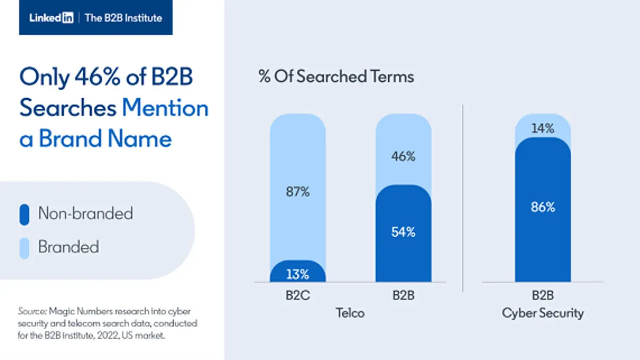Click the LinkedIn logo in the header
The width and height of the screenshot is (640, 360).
(51, 18)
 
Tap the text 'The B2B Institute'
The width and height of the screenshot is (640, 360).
(123, 18)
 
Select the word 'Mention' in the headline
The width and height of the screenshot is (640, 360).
(165, 108)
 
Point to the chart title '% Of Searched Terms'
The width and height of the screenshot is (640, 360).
(336, 76)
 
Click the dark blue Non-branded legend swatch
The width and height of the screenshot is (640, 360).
(24, 214)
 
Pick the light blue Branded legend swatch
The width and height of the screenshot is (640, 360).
(24, 247)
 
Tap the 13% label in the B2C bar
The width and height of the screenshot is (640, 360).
(297, 275)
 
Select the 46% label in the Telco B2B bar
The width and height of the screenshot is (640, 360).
(403, 157)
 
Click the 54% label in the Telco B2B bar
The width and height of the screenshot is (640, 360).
(403, 232)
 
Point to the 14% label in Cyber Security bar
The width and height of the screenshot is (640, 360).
(542, 129)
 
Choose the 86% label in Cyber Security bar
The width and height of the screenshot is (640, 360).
(542, 207)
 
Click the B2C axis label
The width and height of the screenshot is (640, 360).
(297, 295)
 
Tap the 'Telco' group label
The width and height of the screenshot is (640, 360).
(350, 313)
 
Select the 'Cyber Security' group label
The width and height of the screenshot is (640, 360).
(542, 313)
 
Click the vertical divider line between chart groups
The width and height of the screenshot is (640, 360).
(463, 197)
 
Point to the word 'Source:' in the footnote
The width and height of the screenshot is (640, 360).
(32, 311)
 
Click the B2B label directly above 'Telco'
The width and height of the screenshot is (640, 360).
(403, 295)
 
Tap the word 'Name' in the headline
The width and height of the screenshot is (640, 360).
(140, 139)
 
